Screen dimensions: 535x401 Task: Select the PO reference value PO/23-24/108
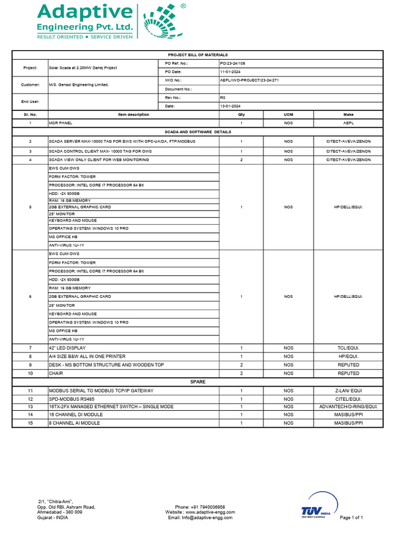point(233,63)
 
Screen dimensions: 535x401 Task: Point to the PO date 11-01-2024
point(230,72)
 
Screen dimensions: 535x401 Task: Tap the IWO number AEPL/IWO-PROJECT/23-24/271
point(250,80)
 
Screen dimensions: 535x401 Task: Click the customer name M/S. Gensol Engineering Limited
point(79,85)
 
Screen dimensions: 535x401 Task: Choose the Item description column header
point(134,114)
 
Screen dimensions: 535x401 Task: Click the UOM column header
point(288,114)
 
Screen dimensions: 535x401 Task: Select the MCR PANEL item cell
point(61,123)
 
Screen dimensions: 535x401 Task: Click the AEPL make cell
point(348,123)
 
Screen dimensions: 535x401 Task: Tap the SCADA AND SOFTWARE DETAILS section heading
point(197,132)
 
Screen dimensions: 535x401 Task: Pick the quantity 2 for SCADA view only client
point(241,159)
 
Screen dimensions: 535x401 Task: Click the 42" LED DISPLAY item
point(67,348)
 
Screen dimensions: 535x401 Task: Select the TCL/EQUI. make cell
point(348,348)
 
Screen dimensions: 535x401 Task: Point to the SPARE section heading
point(197,382)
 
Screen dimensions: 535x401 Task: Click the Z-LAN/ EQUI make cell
point(348,391)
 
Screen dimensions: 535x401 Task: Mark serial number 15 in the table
point(30,423)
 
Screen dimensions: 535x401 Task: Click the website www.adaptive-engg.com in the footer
point(200,512)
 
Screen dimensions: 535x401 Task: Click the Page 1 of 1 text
point(351,517)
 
